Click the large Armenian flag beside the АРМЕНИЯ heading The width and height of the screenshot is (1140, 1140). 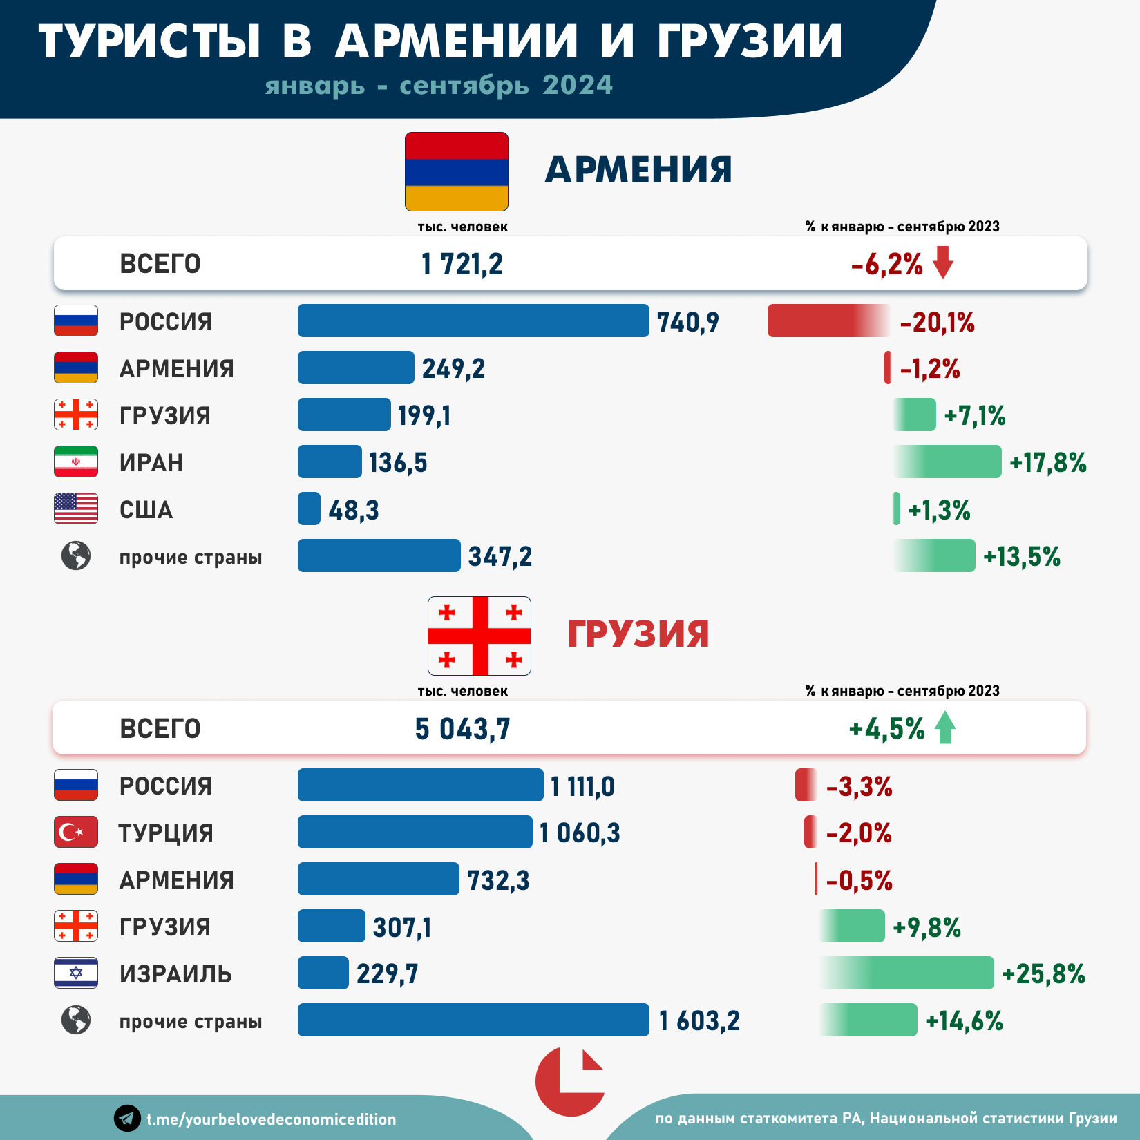[x=457, y=171]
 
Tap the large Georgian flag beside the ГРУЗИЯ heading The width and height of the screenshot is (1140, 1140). [x=479, y=636]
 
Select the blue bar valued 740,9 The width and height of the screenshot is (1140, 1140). [x=473, y=321]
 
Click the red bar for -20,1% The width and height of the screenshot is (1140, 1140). [x=826, y=321]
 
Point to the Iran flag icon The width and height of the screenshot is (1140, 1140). [x=76, y=462]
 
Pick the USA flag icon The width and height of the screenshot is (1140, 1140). [x=76, y=509]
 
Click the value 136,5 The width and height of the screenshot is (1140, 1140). [x=398, y=463]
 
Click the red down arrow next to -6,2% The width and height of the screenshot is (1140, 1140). [x=943, y=263]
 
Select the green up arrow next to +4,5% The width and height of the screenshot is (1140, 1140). [x=944, y=728]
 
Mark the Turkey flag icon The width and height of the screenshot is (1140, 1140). [x=76, y=832]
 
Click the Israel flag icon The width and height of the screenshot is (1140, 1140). [x=76, y=973]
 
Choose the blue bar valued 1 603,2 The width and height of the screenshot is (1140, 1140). [x=473, y=1020]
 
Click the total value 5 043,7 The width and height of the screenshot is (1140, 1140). [x=462, y=729]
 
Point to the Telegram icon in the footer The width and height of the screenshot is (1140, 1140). [x=127, y=1118]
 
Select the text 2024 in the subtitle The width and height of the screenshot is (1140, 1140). [x=578, y=85]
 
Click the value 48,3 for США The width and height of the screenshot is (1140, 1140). [x=354, y=510]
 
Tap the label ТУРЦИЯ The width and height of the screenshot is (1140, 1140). [x=166, y=833]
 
